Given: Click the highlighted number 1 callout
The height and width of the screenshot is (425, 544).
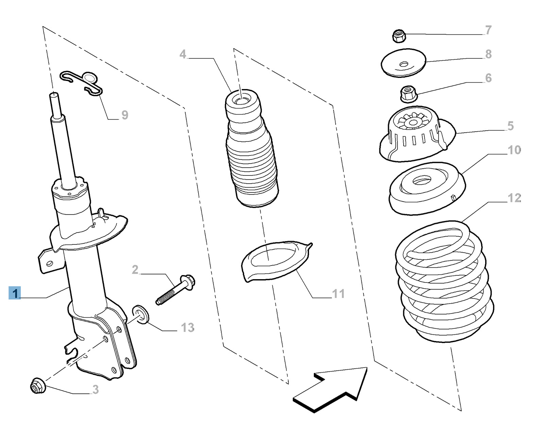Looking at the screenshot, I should (x=15, y=293).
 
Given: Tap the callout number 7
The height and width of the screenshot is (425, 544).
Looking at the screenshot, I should (x=488, y=30).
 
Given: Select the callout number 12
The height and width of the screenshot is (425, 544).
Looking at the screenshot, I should (x=514, y=198).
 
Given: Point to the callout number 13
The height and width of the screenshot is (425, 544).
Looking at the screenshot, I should (x=187, y=327).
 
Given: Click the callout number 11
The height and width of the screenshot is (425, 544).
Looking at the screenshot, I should (x=338, y=293).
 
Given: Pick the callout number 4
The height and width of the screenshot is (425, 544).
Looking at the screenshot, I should (x=183, y=54).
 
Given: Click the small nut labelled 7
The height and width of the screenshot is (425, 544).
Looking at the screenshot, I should (x=399, y=36).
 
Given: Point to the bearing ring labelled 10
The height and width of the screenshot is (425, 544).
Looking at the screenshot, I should (x=427, y=189).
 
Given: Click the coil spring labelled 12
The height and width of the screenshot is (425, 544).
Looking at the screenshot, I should (x=444, y=282).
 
